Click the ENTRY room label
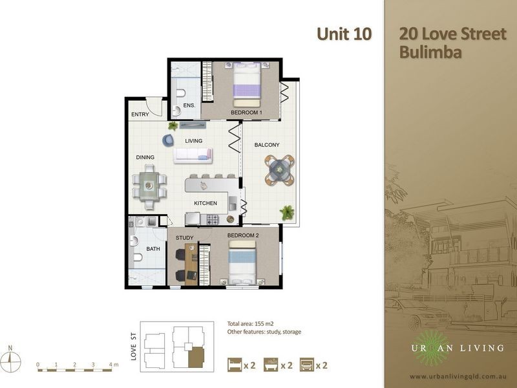[x=140, y=114]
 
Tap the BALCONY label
[x=267, y=145]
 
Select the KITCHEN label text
[x=206, y=203]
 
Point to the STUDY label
[x=185, y=238]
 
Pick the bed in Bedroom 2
[x=242, y=263]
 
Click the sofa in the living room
[x=193, y=155]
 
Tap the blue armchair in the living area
[x=169, y=140]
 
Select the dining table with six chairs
[x=149, y=187]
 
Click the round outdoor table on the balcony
[x=280, y=170]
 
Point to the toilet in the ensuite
[x=181, y=93]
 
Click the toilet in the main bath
[x=137, y=257]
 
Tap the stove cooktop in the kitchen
[x=213, y=219]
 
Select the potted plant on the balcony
[x=287, y=213]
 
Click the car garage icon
[x=306, y=365]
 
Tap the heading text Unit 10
[x=344, y=34]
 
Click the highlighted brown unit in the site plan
[x=196, y=357]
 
